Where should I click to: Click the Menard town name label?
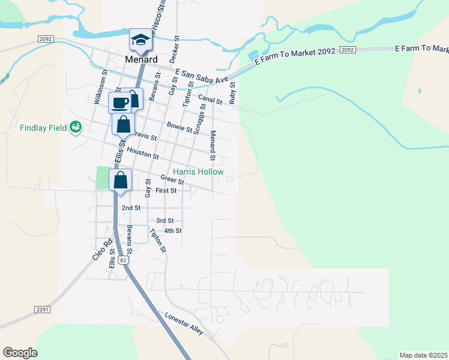tap(142, 59)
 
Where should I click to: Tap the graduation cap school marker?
tap(141, 39)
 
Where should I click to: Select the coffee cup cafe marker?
tap(120, 102)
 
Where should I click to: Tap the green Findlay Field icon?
tap(76, 127)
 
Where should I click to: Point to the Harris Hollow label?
tap(199, 172)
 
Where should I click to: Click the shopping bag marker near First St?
tap(120, 179)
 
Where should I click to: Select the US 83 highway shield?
tap(123, 260)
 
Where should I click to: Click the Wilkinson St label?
tap(100, 88)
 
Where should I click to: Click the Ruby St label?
tap(232, 92)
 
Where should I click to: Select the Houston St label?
tap(143, 155)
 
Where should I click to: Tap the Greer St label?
tap(172, 179)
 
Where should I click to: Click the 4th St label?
tap(173, 230)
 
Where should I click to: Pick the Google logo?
tap(20, 353)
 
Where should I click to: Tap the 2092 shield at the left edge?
tap(46, 38)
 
